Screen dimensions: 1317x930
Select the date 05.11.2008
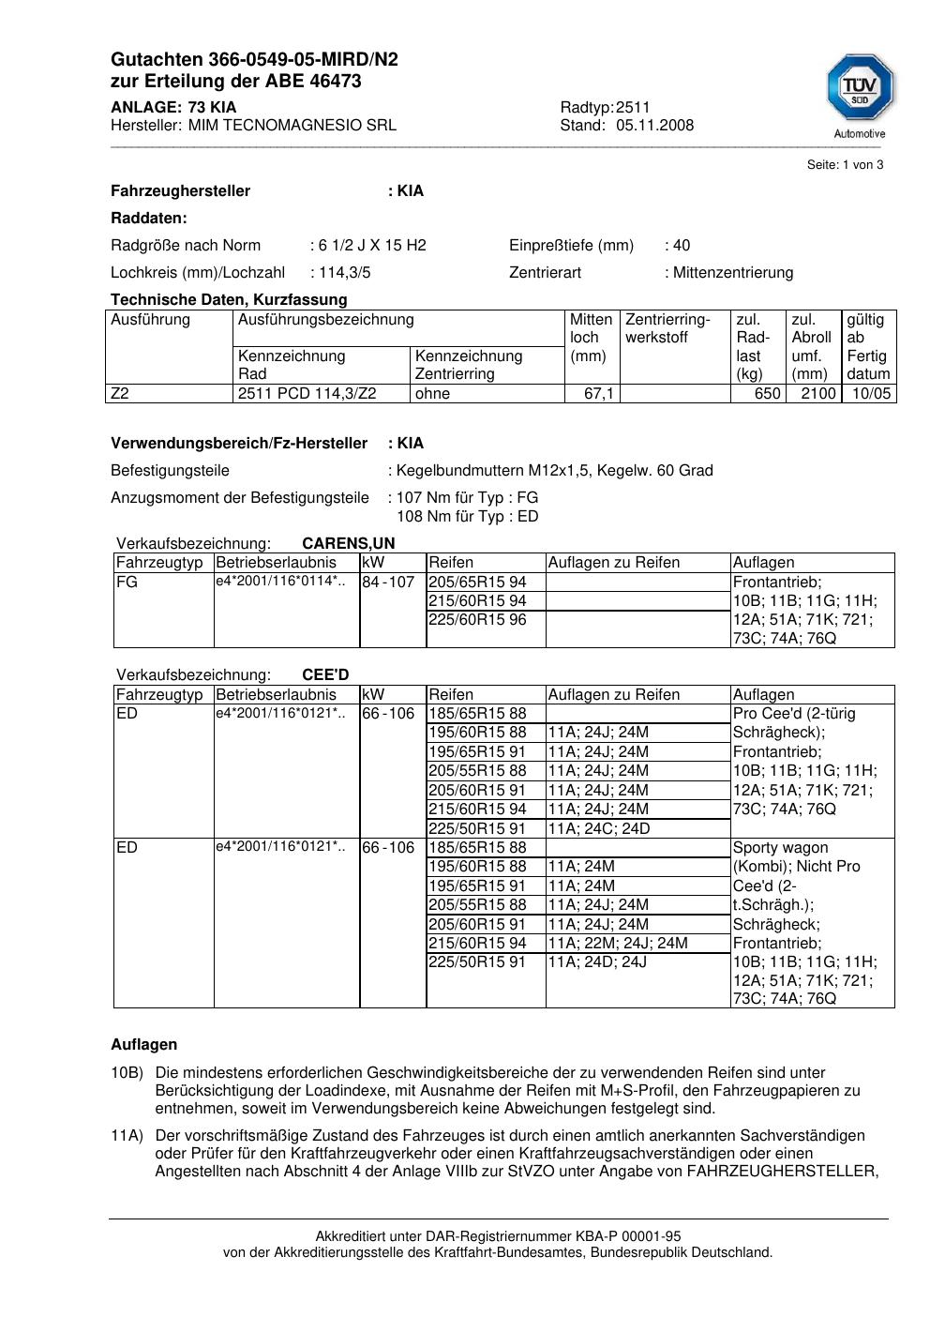(x=654, y=125)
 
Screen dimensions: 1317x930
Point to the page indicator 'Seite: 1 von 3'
(x=845, y=165)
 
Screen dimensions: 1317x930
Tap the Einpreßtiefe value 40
(x=681, y=246)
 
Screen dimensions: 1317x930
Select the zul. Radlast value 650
(x=767, y=394)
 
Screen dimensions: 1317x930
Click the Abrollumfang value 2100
(x=817, y=394)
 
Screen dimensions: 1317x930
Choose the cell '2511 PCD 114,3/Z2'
(x=307, y=394)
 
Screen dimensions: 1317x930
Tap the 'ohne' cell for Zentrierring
(x=432, y=394)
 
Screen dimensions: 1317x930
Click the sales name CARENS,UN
(x=349, y=543)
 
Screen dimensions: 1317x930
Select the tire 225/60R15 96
(x=477, y=620)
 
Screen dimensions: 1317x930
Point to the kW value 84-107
(x=388, y=583)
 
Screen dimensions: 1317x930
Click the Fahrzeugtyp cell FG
(x=127, y=583)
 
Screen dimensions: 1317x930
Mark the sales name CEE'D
(x=325, y=675)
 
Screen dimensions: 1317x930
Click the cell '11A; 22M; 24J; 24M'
(x=618, y=944)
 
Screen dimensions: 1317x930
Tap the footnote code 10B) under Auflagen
(x=127, y=1072)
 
